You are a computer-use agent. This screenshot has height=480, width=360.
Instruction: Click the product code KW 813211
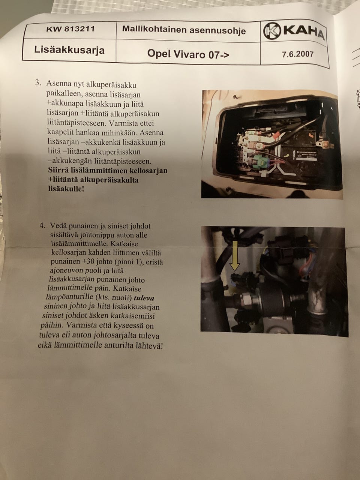click(70, 29)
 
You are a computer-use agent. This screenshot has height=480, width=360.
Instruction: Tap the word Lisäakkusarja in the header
click(69, 50)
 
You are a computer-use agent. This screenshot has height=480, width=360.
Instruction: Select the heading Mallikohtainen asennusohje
click(184, 30)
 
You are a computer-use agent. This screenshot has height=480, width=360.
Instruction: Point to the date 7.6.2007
click(297, 54)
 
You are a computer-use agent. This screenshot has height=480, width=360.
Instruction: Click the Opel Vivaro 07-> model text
click(188, 54)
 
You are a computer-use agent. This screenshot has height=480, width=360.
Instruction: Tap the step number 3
click(38, 83)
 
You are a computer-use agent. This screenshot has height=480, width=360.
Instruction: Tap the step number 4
click(42, 225)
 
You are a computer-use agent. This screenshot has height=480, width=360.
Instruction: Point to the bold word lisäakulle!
click(66, 189)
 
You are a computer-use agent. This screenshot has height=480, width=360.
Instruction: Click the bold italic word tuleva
click(144, 298)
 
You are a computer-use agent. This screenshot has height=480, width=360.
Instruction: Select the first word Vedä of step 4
click(58, 225)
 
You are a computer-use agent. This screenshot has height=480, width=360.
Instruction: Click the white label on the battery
click(307, 156)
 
